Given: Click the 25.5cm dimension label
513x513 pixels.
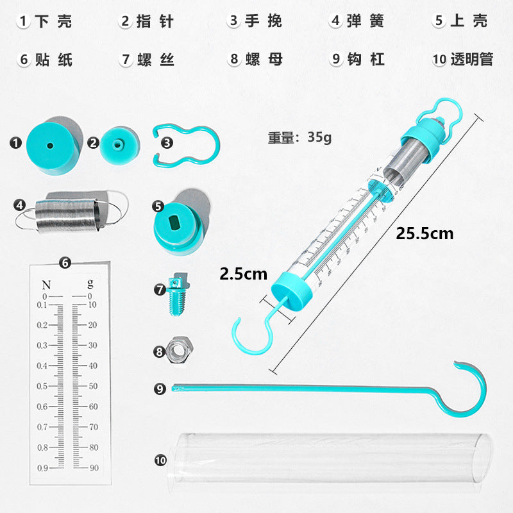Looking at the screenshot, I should click(424, 233).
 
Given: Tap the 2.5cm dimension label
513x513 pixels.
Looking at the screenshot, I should click(243, 274).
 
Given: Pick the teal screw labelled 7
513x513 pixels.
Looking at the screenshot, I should click(175, 295).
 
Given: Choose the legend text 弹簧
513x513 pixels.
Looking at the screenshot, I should click(366, 21).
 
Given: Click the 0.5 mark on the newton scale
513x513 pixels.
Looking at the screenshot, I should click(42, 386).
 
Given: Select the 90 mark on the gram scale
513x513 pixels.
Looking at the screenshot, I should click(93, 467).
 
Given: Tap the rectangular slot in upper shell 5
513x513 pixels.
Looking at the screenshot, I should click(172, 223).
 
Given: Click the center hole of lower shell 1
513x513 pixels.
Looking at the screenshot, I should click(49, 145).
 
